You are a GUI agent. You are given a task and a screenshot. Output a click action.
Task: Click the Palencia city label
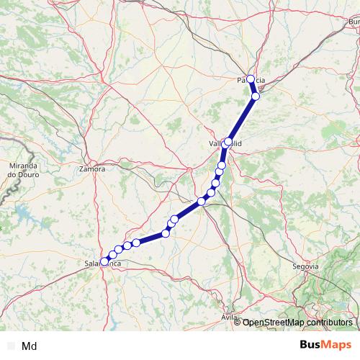pyautogui.click(x=251, y=80)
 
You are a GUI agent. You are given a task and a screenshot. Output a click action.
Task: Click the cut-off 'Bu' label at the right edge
pyautogui.click(x=354, y=22)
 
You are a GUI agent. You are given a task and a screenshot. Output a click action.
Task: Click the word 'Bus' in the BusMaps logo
pyautogui.click(x=312, y=345)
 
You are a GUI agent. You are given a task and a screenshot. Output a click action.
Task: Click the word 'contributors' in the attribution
pyautogui.click(x=328, y=323)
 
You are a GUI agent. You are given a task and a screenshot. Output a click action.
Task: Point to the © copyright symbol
pyautogui.click(x=238, y=323)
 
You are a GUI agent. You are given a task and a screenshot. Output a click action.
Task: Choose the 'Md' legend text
pyautogui.click(x=30, y=346)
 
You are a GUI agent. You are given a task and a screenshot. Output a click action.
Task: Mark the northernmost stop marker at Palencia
pyautogui.click(x=251, y=79)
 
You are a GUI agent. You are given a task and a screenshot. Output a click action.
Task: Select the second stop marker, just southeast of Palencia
pyautogui.click(x=256, y=96)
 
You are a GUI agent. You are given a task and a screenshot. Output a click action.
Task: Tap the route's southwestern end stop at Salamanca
pyautogui.click(x=104, y=261)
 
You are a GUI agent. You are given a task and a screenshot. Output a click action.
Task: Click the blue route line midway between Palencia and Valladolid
pyautogui.click(x=243, y=118)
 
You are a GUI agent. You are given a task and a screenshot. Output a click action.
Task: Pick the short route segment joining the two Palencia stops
pyautogui.click(x=253, y=87)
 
